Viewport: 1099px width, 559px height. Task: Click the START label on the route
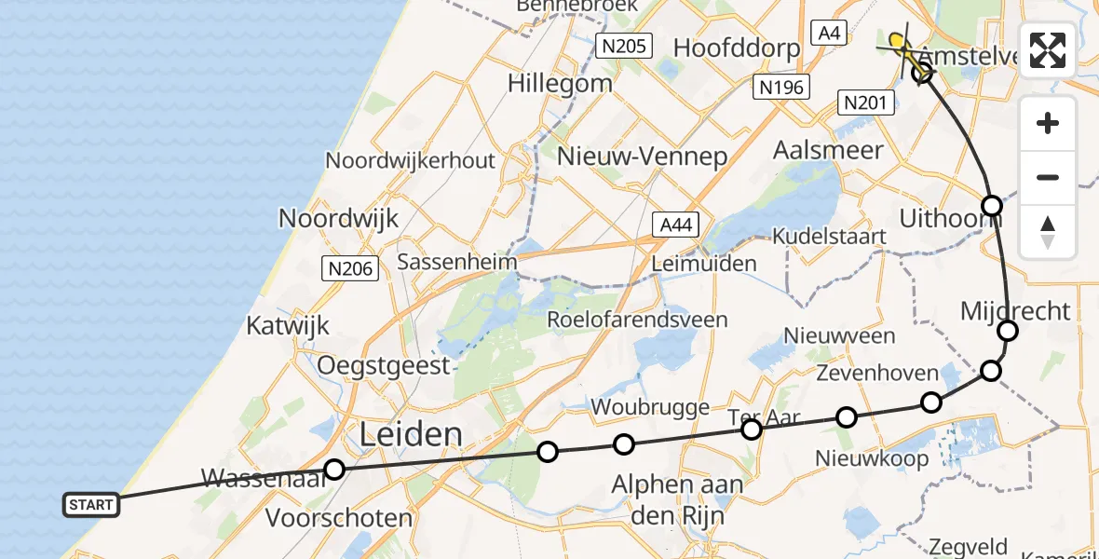click(x=91, y=505)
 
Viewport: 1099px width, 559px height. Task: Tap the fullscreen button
click(x=1048, y=50)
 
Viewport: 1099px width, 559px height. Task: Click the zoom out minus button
click(x=1048, y=177)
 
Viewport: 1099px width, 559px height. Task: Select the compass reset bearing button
click(x=1048, y=232)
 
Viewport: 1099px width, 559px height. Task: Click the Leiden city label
click(x=410, y=434)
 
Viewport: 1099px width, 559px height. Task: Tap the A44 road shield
click(x=676, y=225)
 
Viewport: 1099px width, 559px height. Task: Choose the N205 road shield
click(x=625, y=45)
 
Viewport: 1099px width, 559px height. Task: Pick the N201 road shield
click(x=865, y=102)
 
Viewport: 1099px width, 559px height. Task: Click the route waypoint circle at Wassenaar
click(x=333, y=470)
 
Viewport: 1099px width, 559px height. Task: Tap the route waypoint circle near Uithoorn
click(x=992, y=205)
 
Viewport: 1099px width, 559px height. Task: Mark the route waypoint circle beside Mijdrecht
click(x=1007, y=331)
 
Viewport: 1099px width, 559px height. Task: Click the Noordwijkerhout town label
click(x=410, y=160)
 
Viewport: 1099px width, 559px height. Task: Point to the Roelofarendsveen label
click(x=637, y=320)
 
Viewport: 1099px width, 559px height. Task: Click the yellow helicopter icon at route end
click(x=899, y=43)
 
